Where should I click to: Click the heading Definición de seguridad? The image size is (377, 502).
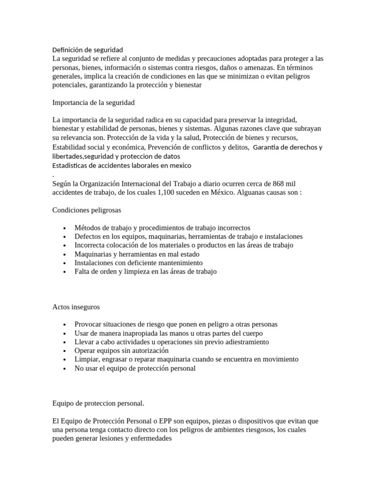(x=87, y=50)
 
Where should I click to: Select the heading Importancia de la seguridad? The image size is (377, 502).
(x=93, y=102)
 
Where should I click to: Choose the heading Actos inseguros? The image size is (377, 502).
(x=76, y=306)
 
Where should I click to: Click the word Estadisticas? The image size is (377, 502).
(x=71, y=166)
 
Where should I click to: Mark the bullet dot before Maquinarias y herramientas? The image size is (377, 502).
(x=65, y=254)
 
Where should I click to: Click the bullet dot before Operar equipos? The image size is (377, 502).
(x=65, y=351)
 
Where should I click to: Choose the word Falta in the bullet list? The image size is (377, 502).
(x=83, y=272)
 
